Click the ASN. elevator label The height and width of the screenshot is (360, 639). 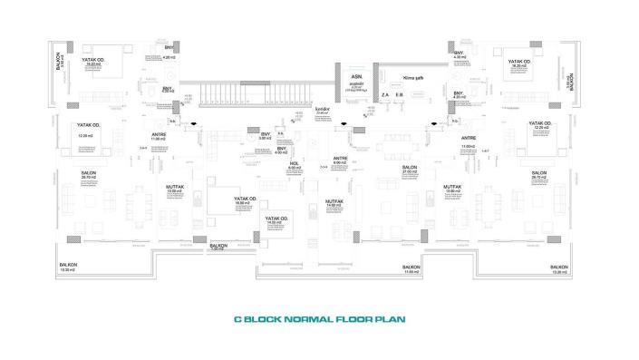click(x=357, y=78)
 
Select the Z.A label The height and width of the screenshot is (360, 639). click(x=385, y=95)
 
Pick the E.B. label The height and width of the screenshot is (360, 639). click(x=400, y=95)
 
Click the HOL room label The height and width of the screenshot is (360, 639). click(x=295, y=165)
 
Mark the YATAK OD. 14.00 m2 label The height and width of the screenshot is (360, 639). click(x=276, y=219)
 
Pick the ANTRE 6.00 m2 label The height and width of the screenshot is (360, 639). click(x=341, y=159)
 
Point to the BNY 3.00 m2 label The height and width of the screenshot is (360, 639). click(x=266, y=136)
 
